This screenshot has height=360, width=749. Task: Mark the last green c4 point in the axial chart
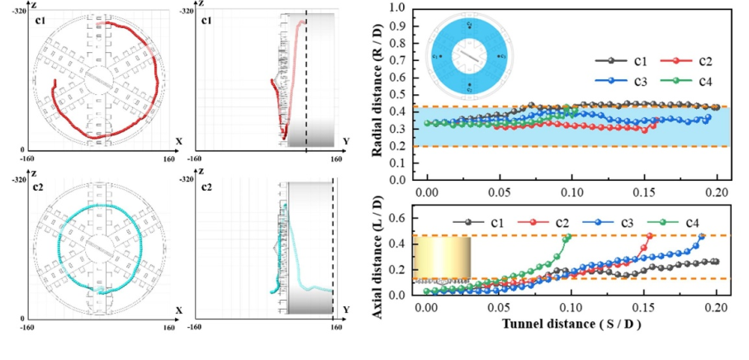point(567,237)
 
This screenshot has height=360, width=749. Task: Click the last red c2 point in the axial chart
point(649,236)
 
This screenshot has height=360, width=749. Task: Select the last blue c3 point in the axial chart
point(702,236)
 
